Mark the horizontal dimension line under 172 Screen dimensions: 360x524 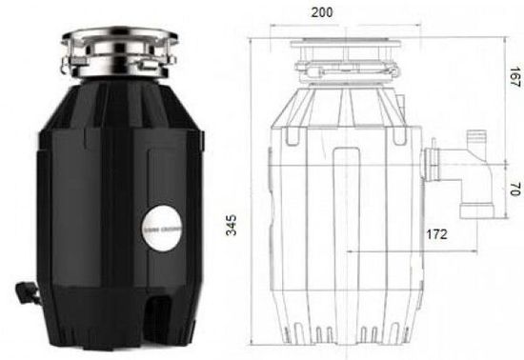419,250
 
